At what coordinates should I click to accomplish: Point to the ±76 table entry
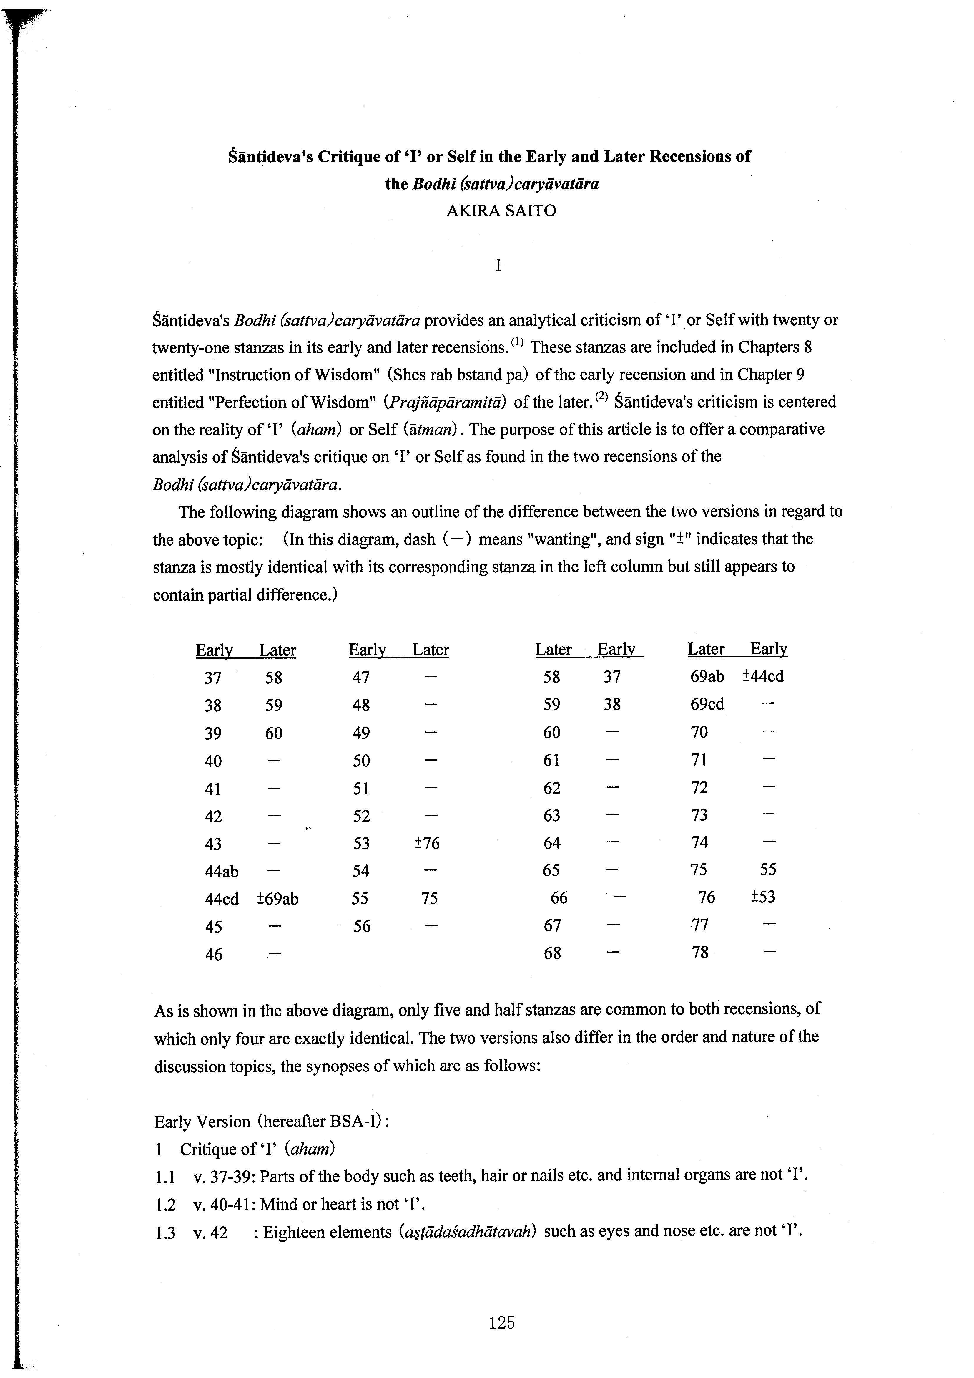(427, 843)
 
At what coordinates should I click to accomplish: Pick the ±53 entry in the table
(763, 897)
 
